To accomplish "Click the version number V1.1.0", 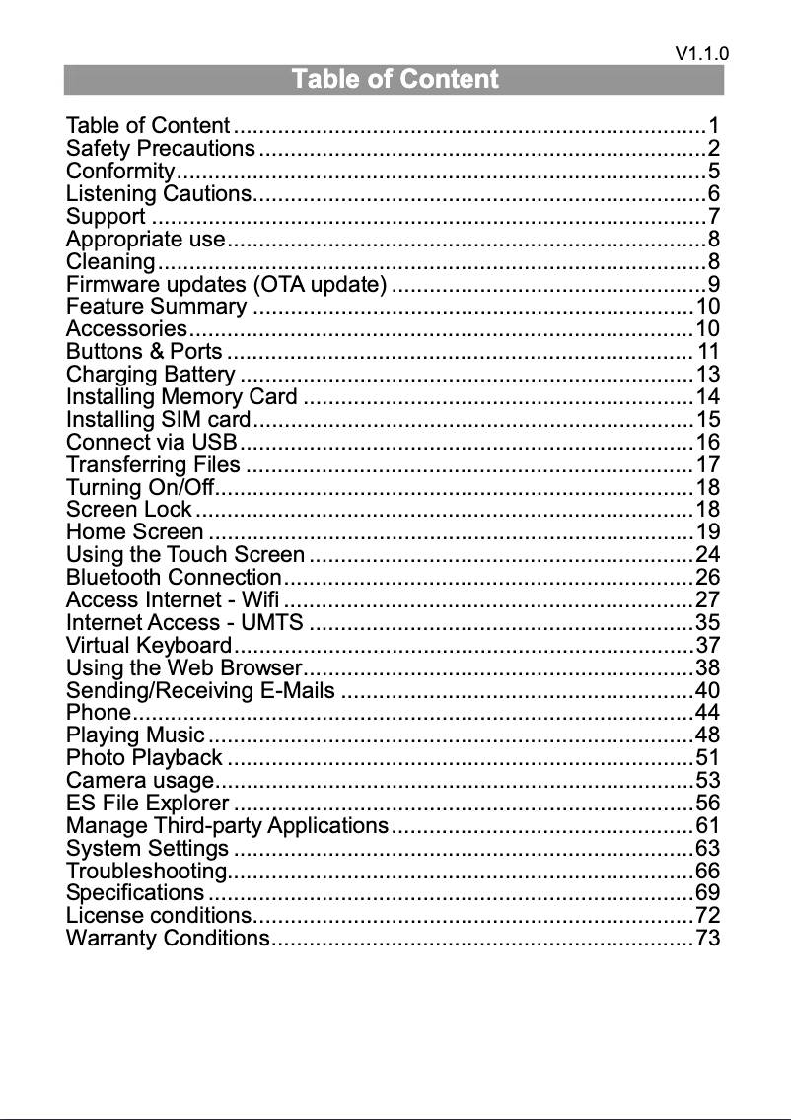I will point(702,54).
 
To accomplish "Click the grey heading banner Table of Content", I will point(395,79).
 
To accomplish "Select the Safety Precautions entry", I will point(160,149).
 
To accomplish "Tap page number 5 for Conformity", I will point(713,172).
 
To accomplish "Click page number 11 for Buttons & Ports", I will point(708,352).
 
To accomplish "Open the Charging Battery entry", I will point(150,375).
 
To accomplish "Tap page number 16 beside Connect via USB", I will point(707,442).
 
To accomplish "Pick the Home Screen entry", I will point(134,532).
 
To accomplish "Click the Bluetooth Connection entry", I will point(173,577).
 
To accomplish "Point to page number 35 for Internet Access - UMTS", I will point(707,622).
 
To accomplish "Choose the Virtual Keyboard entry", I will point(148,645).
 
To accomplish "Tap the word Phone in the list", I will point(98,712).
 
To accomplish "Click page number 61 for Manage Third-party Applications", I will point(707,824).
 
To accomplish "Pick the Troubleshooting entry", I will point(146,870).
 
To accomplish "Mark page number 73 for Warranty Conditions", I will point(707,938).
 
